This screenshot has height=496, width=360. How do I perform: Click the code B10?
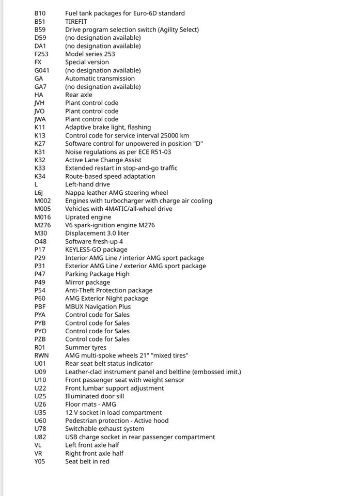click(40, 13)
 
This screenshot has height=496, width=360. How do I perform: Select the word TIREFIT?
click(76, 22)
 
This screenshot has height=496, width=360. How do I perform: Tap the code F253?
click(42, 54)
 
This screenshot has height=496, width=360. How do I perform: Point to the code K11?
click(40, 127)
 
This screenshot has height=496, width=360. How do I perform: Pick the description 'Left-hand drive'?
click(87, 184)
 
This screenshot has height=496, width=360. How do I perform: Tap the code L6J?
click(39, 193)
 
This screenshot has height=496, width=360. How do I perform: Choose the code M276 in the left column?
click(42, 225)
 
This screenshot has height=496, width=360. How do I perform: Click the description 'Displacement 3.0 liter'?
click(97, 234)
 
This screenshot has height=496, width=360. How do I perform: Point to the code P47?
click(40, 274)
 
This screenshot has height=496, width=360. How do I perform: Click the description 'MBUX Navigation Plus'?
click(98, 306)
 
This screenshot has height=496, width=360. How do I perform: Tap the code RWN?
click(41, 355)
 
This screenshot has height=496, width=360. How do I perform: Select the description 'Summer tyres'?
click(86, 348)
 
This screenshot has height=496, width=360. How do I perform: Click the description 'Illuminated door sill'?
click(95, 396)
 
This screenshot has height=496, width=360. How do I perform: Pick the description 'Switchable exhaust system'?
click(104, 429)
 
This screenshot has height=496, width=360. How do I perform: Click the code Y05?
click(40, 461)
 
